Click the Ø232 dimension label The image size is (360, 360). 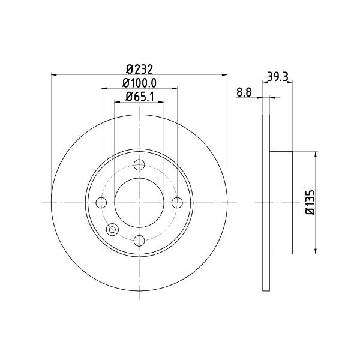coord(139,69)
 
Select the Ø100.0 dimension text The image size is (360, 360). coord(139,83)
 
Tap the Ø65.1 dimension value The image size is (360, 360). coord(139,97)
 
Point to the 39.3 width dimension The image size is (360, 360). coord(278,77)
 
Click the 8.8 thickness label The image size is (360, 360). coord(244,92)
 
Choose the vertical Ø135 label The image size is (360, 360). coord(310,202)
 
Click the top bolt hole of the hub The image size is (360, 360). coord(139,165)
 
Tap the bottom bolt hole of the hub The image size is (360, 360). coord(139,241)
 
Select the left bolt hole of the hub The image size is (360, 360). coord(101,203)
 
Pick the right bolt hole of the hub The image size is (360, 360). coord(177,203)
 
